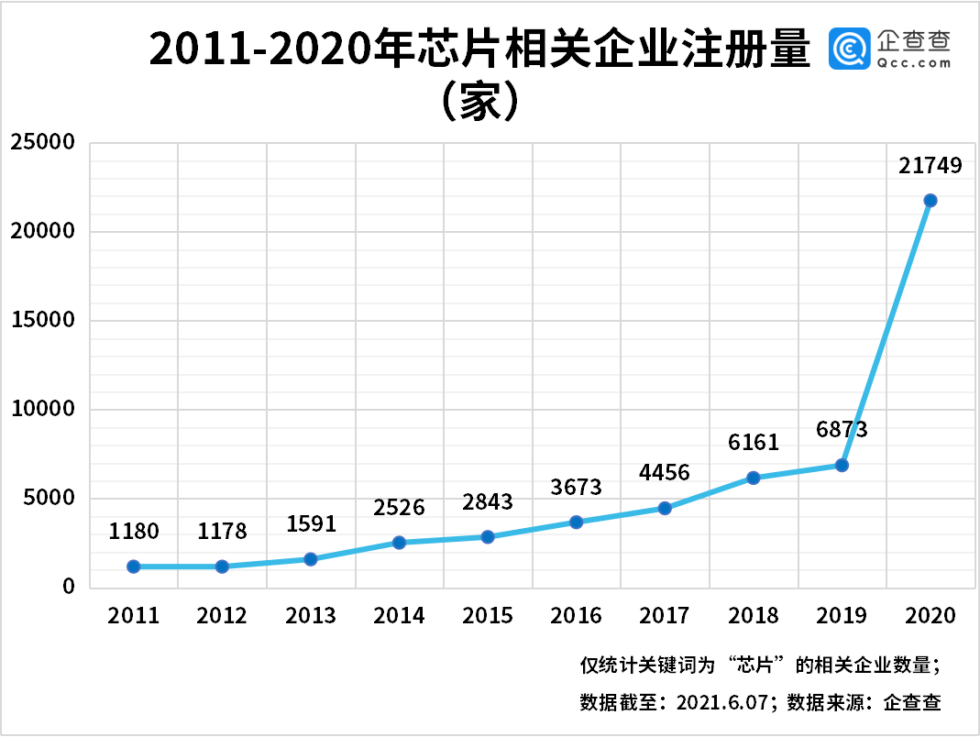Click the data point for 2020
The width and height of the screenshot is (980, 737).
tap(930, 200)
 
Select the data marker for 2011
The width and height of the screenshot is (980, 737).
tap(134, 566)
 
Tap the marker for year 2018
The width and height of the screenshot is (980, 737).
tap(753, 478)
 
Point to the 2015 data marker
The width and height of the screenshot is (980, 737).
tap(488, 536)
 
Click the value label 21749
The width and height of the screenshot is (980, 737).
tap(930, 166)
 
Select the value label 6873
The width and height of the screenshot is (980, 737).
tap(842, 429)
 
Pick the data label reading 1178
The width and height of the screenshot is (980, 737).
tap(223, 532)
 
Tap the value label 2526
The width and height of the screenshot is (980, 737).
tap(399, 507)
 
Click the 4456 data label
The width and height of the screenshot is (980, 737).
tap(665, 472)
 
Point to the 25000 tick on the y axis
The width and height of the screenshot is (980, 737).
tap(42, 143)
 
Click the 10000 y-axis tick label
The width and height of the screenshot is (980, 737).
tap(42, 410)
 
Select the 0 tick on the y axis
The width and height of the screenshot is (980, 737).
tap(69, 587)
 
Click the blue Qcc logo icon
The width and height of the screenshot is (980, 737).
tap(849, 49)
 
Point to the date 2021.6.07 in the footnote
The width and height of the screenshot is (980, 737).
tap(725, 703)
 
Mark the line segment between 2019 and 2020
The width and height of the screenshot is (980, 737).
tap(886, 333)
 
